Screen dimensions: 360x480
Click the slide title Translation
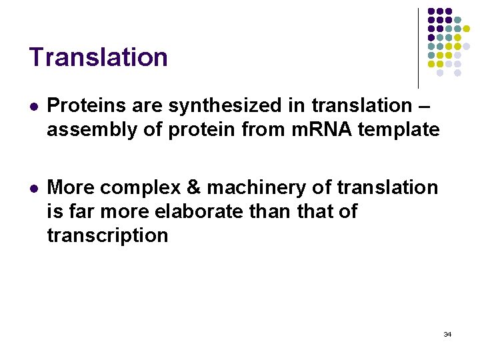pos(98,57)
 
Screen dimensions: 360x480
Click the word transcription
pos(107,235)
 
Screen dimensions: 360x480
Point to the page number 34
pos(447,334)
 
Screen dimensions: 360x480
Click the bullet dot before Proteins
pos(33,106)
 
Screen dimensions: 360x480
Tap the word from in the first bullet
pos(268,129)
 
